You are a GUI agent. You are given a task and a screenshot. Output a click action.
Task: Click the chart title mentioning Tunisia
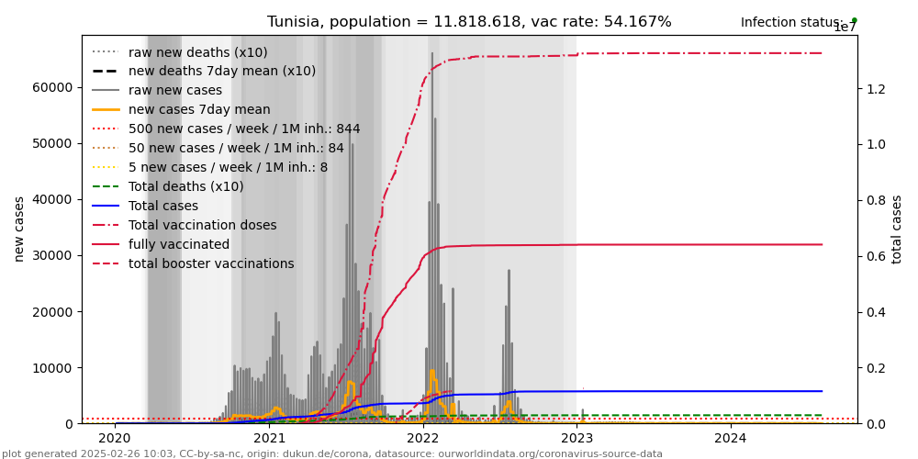[x=469, y=22]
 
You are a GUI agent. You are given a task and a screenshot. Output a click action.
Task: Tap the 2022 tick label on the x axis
[x=423, y=439]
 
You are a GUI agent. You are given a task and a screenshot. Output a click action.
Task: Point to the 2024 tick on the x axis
[x=731, y=439]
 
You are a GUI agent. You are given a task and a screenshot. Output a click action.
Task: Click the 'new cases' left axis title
[x=19, y=229]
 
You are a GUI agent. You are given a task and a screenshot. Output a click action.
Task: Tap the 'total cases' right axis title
[x=897, y=229]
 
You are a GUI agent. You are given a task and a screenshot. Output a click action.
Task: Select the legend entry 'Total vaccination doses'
[x=202, y=225]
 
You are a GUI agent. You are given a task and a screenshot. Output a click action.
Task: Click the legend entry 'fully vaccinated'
[x=179, y=244]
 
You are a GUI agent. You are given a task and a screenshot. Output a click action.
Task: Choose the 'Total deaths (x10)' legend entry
[x=185, y=186]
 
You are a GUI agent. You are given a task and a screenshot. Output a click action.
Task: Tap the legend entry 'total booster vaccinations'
[x=211, y=263]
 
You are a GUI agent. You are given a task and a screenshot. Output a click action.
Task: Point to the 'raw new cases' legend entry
[x=174, y=90]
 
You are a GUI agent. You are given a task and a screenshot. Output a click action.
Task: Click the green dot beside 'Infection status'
[x=854, y=20]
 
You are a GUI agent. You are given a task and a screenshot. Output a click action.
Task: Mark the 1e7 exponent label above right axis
[x=845, y=28]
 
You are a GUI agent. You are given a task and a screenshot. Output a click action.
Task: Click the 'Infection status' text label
[x=791, y=22]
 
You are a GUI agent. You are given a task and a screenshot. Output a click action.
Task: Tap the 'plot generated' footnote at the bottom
[x=332, y=453]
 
